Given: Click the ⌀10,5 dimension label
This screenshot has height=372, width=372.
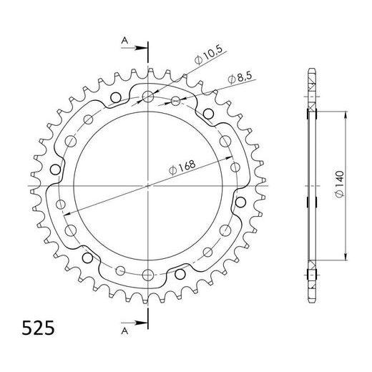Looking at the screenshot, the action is (x=208, y=55).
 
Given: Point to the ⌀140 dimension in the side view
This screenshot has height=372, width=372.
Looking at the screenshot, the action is (x=339, y=184).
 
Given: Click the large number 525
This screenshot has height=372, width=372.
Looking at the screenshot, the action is (x=38, y=328).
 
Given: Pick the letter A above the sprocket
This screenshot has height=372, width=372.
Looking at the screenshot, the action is (x=124, y=41).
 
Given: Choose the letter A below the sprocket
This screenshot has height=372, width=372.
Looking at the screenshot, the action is (x=124, y=331).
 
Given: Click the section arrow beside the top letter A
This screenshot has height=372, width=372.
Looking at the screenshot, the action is (x=134, y=48).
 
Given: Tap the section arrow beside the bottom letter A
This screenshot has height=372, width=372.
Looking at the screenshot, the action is (x=134, y=323).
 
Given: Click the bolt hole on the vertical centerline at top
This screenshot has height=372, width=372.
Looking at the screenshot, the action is (x=148, y=97).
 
